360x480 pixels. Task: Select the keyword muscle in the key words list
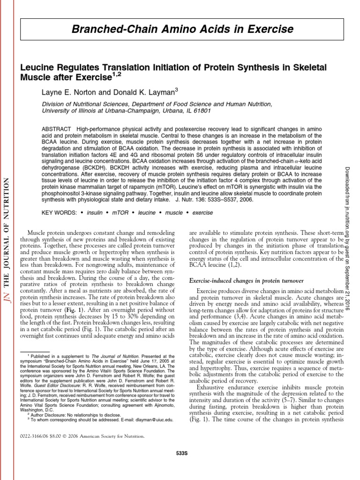(x=173, y=212)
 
